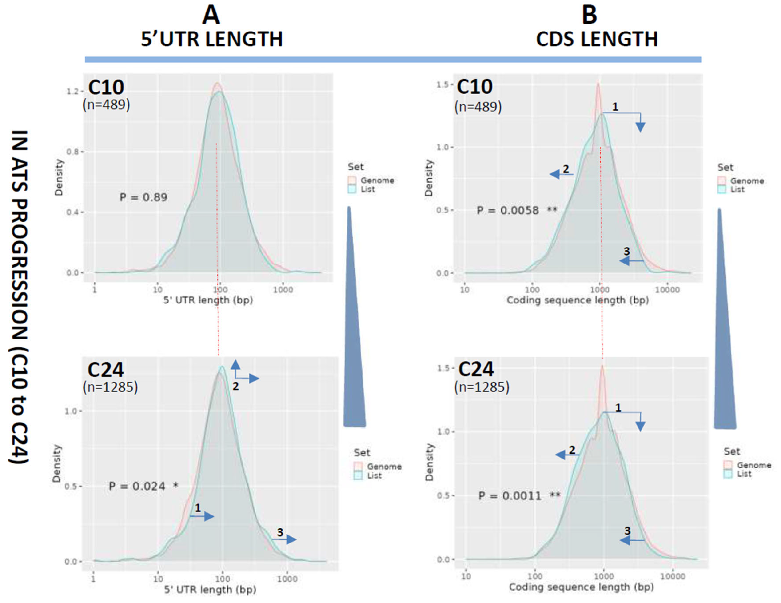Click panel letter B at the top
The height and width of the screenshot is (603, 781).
pyautogui.click(x=589, y=16)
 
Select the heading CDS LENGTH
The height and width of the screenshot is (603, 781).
pyautogui.click(x=597, y=39)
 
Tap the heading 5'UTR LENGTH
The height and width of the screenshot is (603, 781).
pyautogui.click(x=212, y=39)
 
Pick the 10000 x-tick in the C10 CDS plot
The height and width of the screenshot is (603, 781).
pyautogui.click(x=667, y=290)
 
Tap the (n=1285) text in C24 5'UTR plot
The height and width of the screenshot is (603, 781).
pyautogui.click(x=110, y=387)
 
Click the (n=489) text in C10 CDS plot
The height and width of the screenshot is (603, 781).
pyautogui.click(x=478, y=107)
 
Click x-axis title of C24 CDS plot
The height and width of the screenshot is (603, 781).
pyautogui.click(x=581, y=587)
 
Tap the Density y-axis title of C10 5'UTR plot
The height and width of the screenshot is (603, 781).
pyautogui.click(x=59, y=178)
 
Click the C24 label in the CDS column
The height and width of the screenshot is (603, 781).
pyautogui.click(x=476, y=369)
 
